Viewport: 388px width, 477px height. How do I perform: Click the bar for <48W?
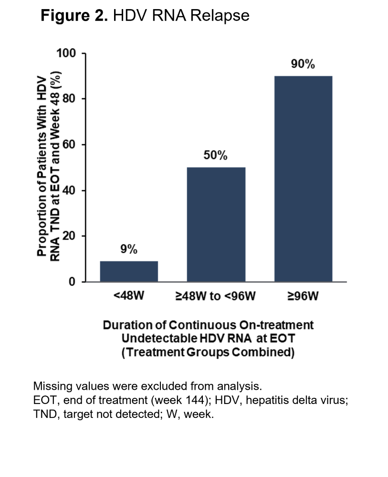click(x=129, y=271)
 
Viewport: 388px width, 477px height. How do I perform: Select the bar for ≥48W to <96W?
click(x=216, y=224)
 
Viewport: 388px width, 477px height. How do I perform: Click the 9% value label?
click(x=129, y=249)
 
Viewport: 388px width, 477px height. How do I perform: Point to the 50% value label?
click(x=216, y=156)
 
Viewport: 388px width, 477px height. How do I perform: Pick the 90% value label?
click(x=303, y=64)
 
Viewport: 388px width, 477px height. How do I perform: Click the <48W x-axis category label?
click(x=129, y=296)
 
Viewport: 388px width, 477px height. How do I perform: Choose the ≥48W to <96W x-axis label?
click(x=216, y=296)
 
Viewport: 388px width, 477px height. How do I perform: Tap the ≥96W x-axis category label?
click(x=303, y=296)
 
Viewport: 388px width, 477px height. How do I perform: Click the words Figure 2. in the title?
click(x=74, y=16)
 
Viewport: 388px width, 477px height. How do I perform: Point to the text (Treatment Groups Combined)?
click(x=208, y=353)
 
